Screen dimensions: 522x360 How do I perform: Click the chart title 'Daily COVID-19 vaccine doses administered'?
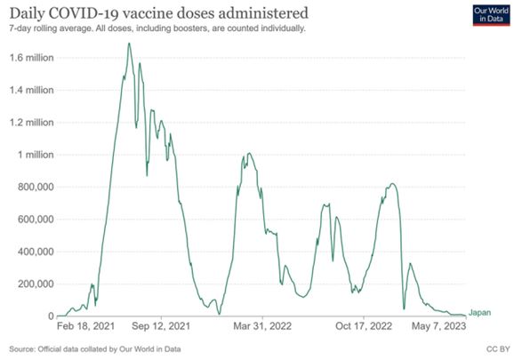click(x=159, y=13)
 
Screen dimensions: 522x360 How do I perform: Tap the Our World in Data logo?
click(x=491, y=15)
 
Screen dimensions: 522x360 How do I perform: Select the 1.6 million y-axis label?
click(x=32, y=58)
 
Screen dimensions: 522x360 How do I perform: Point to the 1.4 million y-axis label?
click(x=32, y=90)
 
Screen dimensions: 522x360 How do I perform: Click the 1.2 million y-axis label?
click(x=32, y=123)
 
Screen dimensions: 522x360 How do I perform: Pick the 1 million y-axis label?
click(x=36, y=155)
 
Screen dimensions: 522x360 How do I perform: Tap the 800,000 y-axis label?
click(x=36, y=187)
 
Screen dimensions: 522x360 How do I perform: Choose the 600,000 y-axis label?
click(x=36, y=220)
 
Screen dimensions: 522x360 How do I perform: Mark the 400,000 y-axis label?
click(x=36, y=252)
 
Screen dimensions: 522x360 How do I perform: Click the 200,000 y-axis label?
click(x=36, y=284)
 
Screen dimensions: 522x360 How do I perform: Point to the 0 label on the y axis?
click(x=51, y=316)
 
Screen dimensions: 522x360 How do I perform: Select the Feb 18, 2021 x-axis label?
click(x=85, y=326)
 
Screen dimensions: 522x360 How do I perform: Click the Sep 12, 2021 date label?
click(x=161, y=326)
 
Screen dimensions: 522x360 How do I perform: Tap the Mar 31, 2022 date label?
click(x=262, y=326)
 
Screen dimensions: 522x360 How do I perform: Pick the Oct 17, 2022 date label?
click(x=364, y=326)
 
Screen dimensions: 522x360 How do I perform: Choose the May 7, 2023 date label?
click(x=438, y=326)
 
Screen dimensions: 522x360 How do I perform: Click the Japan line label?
click(x=479, y=313)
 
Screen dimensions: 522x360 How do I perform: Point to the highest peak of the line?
click(x=129, y=44)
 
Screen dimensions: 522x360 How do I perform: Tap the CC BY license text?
click(x=498, y=349)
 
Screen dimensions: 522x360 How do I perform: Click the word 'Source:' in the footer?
click(x=22, y=349)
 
